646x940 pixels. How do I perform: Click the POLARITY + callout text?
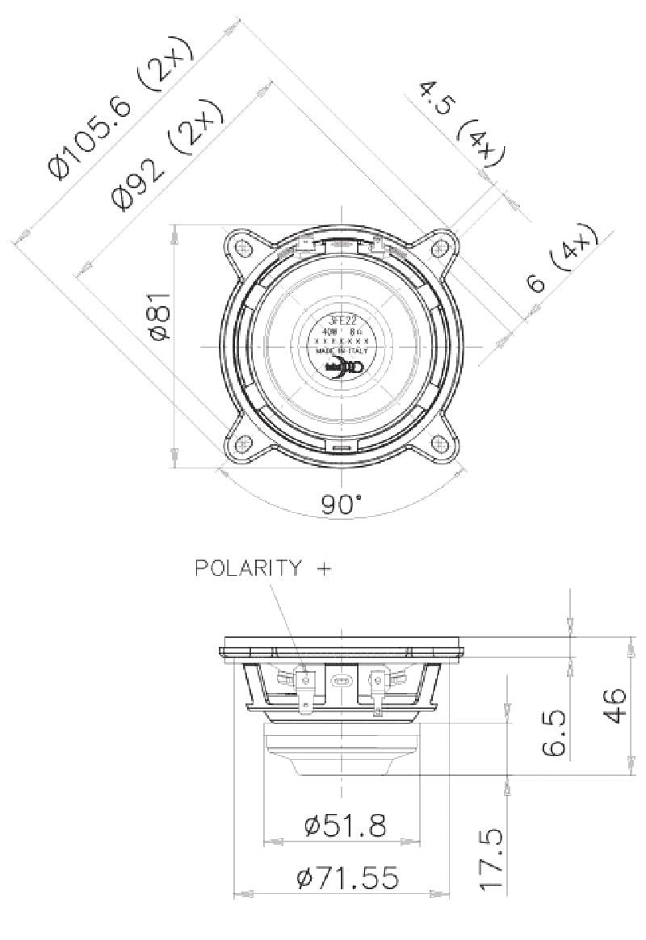pyautogui.click(x=263, y=569)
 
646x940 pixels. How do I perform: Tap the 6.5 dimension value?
pyautogui.click(x=553, y=733)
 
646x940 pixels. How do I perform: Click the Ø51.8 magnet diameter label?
pyautogui.click(x=345, y=825)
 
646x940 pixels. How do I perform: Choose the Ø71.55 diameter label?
pyautogui.click(x=347, y=877)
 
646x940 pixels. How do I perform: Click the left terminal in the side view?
pyautogui.click(x=305, y=688)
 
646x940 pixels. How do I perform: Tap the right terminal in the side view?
pyautogui.click(x=378, y=688)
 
